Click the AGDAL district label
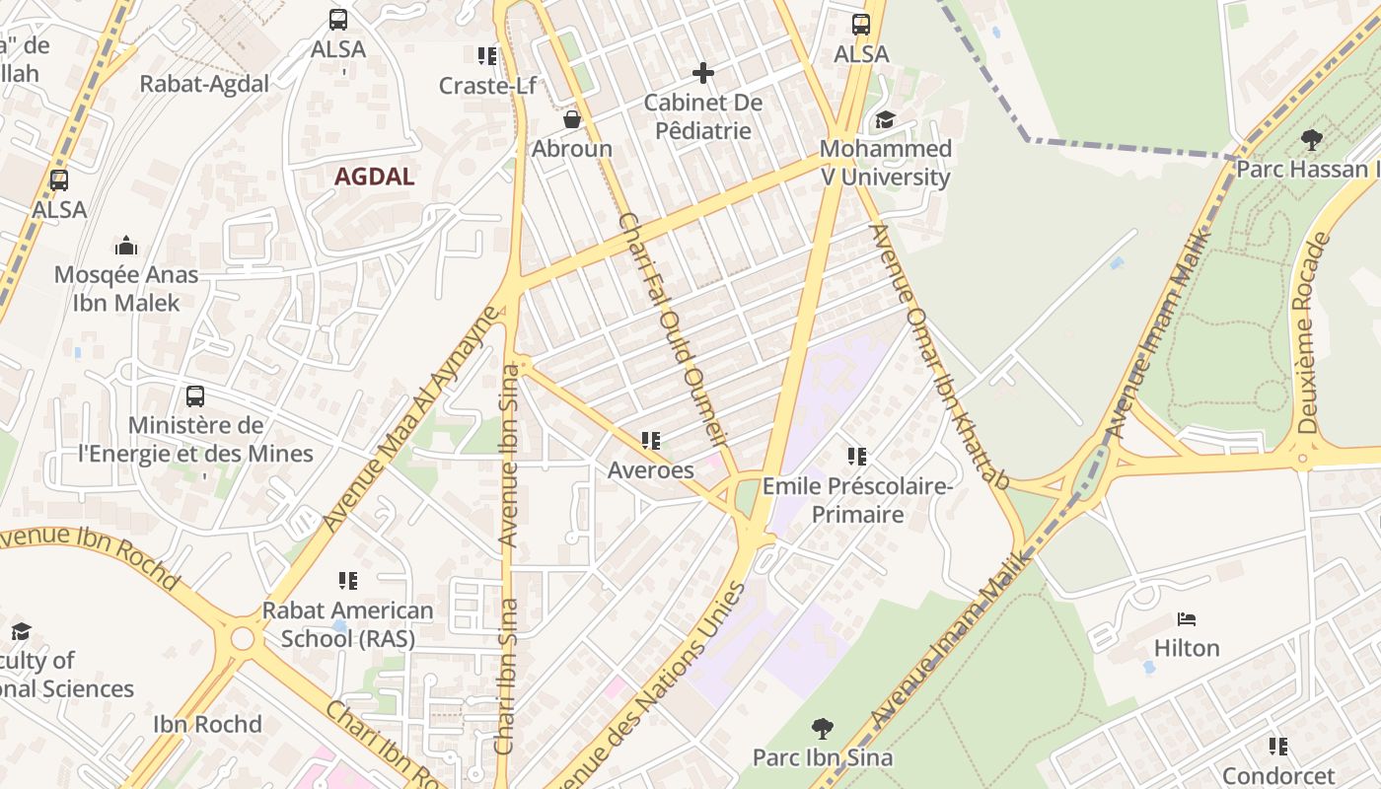coord(374,178)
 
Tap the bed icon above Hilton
coord(1187,619)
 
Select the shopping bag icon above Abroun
coord(571,120)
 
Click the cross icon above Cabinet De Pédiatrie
coord(702,73)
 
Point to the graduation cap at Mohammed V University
coord(885,120)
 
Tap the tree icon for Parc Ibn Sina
coord(822,730)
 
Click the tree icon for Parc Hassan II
coord(1311,140)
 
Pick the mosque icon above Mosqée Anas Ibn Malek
coord(126,246)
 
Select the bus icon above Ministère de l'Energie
coord(195,396)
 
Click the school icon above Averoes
coord(650,441)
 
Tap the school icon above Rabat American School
coord(347,581)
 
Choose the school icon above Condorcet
coord(1277,747)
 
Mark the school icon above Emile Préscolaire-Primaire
coord(856,457)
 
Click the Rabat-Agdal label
coord(204,84)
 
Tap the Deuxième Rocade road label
coord(1316,333)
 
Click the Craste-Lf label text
coord(487,86)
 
